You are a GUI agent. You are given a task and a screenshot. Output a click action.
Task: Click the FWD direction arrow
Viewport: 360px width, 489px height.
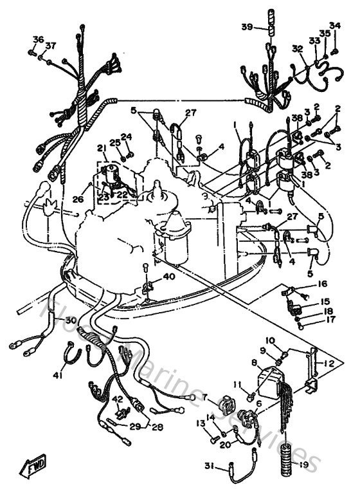click(x=33, y=465)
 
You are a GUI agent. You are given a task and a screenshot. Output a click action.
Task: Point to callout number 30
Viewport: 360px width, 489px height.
click(x=69, y=320)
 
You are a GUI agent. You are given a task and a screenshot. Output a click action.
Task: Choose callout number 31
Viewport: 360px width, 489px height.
click(x=209, y=466)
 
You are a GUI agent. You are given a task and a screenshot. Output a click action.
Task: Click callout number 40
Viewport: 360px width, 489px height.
click(x=168, y=277)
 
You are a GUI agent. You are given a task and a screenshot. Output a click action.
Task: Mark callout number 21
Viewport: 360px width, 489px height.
click(x=101, y=149)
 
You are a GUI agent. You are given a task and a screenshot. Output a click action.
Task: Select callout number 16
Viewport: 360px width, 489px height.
click(x=322, y=282)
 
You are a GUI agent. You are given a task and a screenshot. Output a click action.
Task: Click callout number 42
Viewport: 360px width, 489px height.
click(x=116, y=399)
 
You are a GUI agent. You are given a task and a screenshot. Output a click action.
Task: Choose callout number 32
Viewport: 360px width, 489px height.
click(x=296, y=48)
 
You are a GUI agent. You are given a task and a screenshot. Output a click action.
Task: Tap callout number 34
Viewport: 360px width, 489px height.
click(x=334, y=26)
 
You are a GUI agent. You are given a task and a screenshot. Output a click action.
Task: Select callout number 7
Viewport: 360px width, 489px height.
click(x=206, y=399)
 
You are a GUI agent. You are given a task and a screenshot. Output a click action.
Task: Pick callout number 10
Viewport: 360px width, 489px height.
click(x=270, y=340)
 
